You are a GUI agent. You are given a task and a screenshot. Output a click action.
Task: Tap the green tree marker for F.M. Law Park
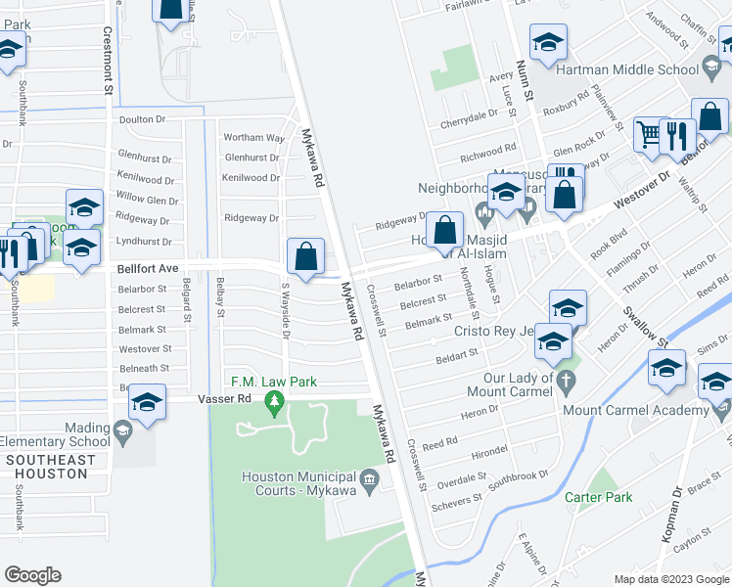click(276, 400)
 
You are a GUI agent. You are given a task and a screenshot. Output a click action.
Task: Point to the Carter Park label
click(598, 497)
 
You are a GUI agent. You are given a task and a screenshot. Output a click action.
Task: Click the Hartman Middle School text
click(626, 69)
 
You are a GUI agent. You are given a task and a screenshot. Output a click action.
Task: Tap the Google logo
click(33, 575)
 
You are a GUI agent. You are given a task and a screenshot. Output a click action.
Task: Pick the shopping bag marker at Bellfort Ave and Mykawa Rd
click(306, 256)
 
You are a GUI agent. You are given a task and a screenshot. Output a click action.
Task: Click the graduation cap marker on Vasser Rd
click(148, 403)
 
